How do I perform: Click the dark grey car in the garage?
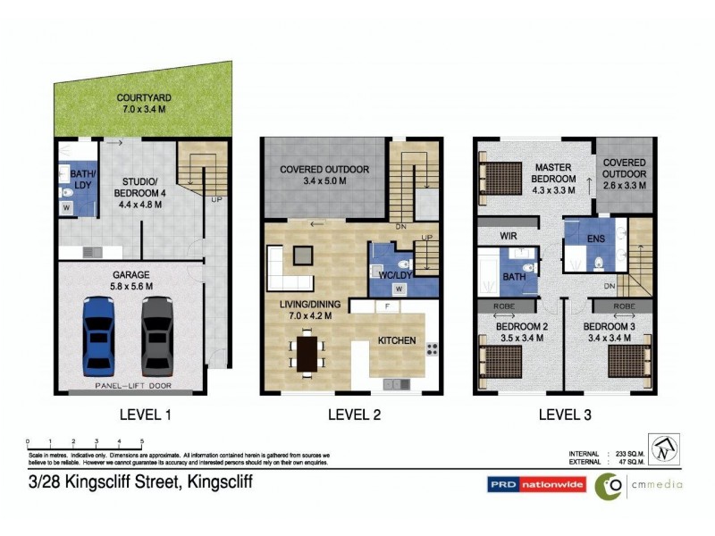click(x=156, y=336)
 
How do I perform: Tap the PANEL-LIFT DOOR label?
click(x=132, y=387)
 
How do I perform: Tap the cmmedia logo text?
click(x=659, y=484)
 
